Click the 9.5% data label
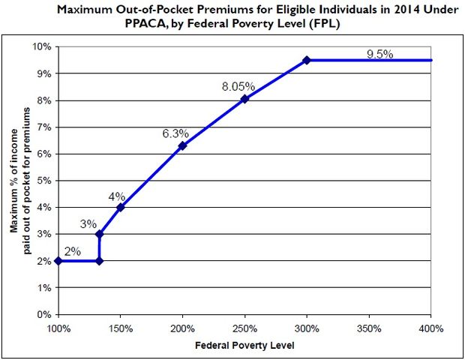pos(381,54)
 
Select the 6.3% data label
pos(175,134)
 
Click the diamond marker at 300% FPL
pos(307,60)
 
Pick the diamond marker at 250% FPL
pos(244,99)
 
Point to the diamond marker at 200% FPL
pos(182,145)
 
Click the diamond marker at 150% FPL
pos(120,207)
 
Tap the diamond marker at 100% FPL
pos(58,261)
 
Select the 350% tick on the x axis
pos(369,328)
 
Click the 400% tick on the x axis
pos(431,328)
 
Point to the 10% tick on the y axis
pos(42,46)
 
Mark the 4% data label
pos(116,196)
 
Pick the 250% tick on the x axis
pos(244,328)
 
